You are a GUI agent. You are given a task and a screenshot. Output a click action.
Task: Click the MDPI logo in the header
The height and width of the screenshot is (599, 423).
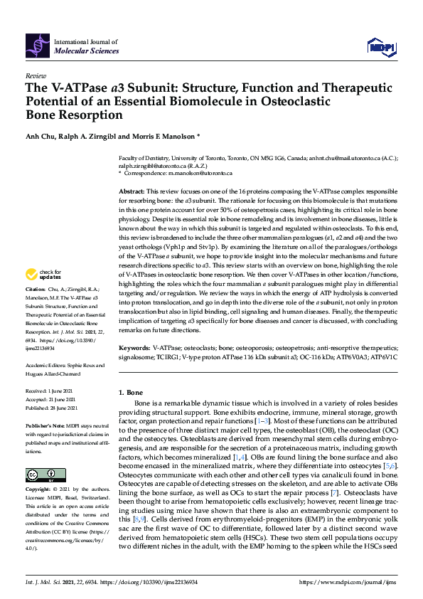(382, 47)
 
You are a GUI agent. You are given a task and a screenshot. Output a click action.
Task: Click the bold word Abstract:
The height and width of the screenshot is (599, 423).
(131, 192)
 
